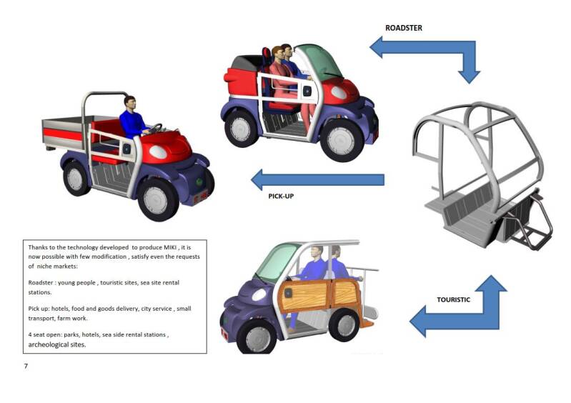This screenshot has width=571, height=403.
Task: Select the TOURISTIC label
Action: click(x=453, y=299)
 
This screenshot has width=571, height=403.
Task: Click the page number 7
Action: click(x=26, y=366)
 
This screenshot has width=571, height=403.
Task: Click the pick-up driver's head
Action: click(x=129, y=101)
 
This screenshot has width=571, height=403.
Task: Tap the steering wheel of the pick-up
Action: click(x=154, y=129)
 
